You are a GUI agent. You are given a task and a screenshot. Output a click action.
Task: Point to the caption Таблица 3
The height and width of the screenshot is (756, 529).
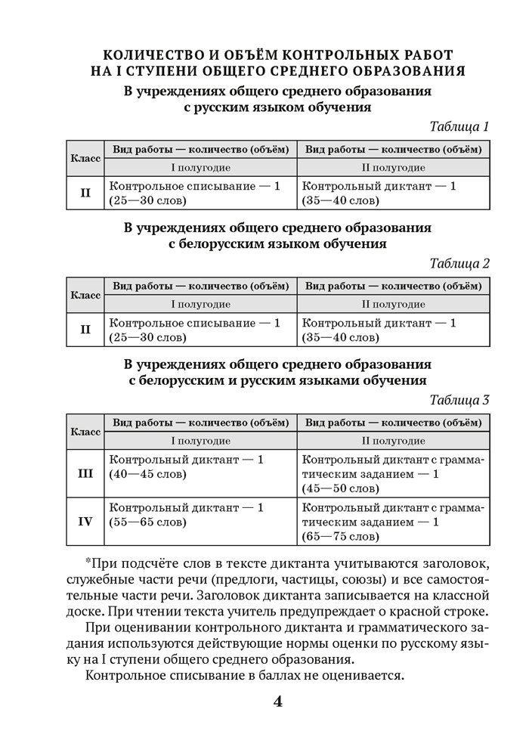pyautogui.click(x=459, y=400)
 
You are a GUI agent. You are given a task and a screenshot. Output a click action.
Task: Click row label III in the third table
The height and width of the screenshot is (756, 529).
pyautogui.click(x=85, y=473)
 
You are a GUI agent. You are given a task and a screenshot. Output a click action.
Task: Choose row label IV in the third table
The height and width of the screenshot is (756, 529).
pyautogui.click(x=85, y=522)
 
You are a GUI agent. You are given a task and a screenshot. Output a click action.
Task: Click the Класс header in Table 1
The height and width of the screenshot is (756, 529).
pyautogui.click(x=85, y=159)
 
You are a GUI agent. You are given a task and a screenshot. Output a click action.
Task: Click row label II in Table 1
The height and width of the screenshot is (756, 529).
pyautogui.click(x=85, y=193)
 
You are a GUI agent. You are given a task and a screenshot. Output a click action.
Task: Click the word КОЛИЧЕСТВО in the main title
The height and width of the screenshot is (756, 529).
pyautogui.click(x=150, y=54)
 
